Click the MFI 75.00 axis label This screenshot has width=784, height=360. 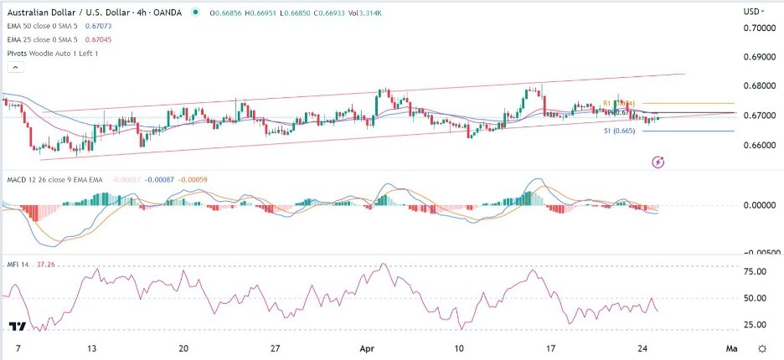(x=756, y=271)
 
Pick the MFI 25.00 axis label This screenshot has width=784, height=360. (x=756, y=324)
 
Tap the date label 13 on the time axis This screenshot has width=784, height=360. (x=94, y=347)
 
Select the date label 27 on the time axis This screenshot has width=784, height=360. (x=274, y=347)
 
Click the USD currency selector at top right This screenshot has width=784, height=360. (x=755, y=12)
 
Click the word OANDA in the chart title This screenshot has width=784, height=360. (x=167, y=12)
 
